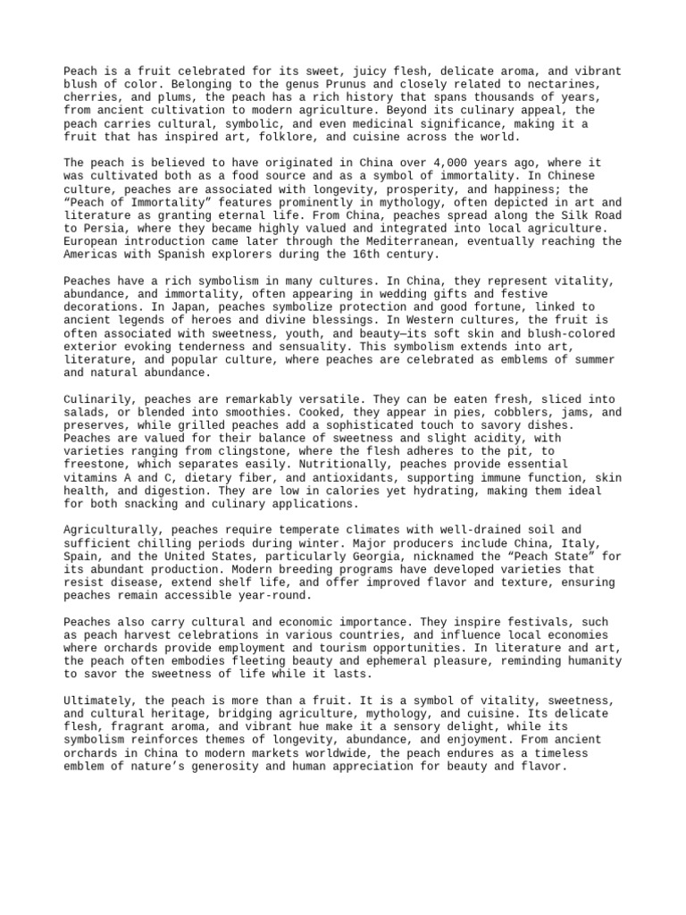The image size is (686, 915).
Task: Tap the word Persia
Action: [x=105, y=229]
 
